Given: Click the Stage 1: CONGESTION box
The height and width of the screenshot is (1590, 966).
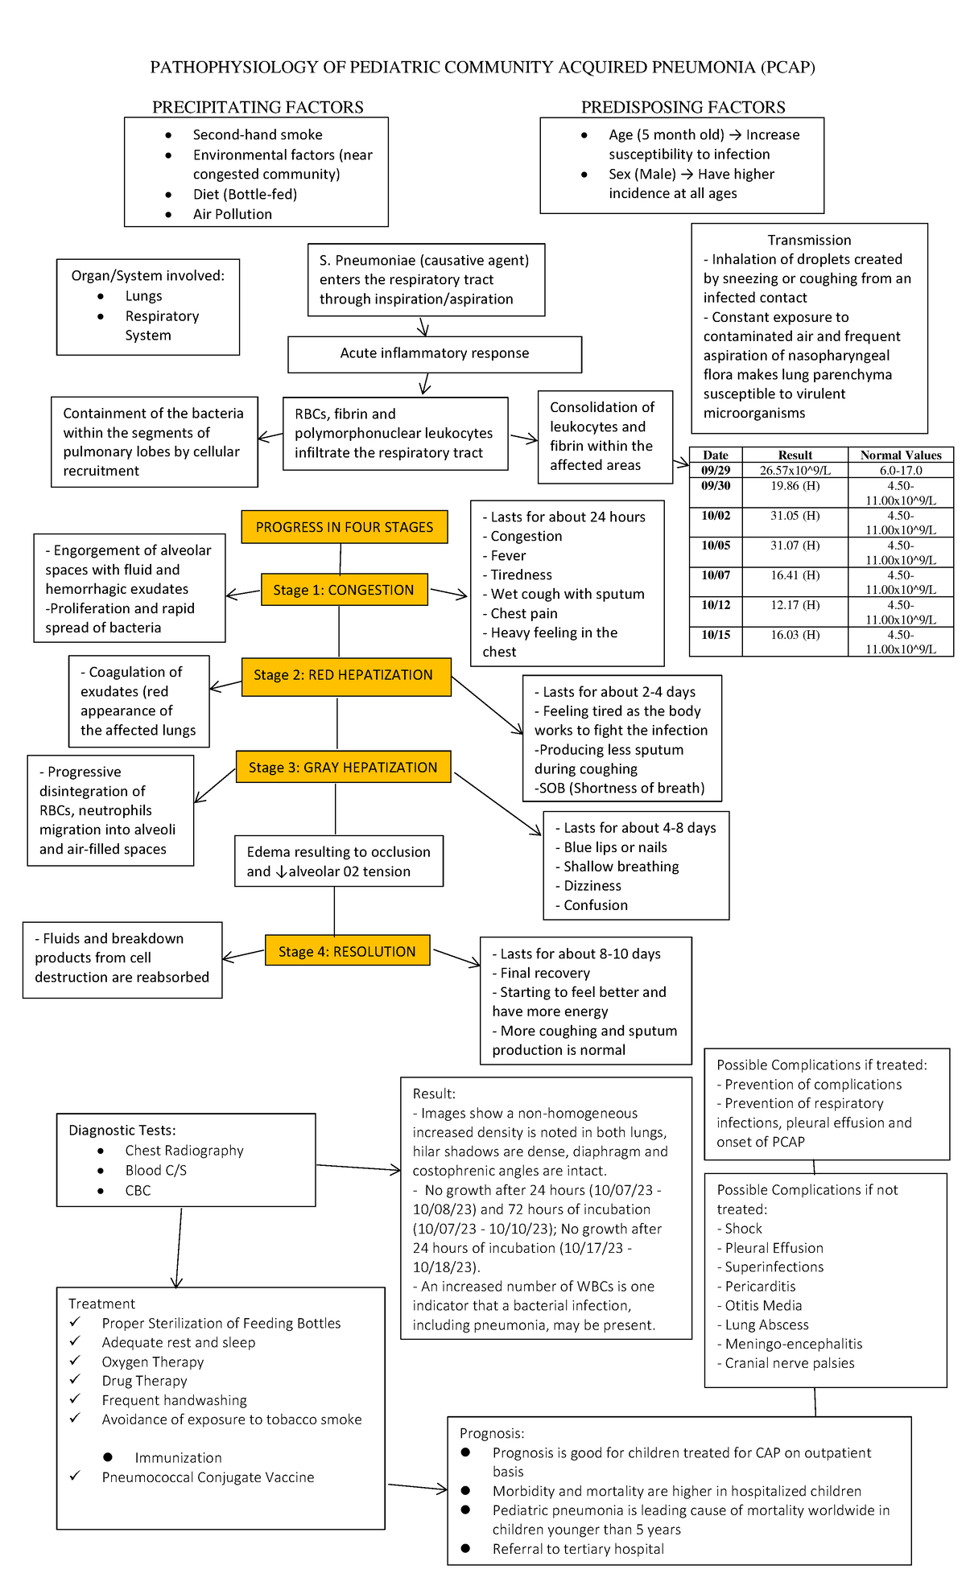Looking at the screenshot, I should (x=344, y=590).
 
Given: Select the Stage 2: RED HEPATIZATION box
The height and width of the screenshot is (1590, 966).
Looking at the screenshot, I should (x=345, y=675).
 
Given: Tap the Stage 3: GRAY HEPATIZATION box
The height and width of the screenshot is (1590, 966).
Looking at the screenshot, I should (x=343, y=768).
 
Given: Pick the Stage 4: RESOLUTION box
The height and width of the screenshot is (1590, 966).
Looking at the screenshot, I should (x=347, y=951).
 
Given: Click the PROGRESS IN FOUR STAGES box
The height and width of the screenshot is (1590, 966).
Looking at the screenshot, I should (x=345, y=527).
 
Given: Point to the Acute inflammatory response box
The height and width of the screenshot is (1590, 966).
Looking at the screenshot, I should (x=435, y=353).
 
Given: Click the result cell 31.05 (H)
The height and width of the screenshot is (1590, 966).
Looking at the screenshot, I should (x=795, y=516).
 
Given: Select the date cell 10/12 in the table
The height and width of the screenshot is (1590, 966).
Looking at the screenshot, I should (x=716, y=605).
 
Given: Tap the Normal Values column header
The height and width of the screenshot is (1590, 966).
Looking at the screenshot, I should (x=900, y=455).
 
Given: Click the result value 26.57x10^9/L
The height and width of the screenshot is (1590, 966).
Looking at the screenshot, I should (x=795, y=471).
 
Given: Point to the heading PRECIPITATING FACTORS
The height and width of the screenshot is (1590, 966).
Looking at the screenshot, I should (x=258, y=107).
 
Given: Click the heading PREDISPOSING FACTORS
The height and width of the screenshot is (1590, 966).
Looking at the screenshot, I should (x=683, y=107).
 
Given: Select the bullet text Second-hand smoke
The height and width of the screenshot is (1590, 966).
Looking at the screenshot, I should (x=258, y=135).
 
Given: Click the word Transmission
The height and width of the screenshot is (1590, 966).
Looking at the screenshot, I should (x=809, y=240).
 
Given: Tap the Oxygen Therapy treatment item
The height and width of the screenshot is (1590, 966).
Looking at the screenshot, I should (x=153, y=1361).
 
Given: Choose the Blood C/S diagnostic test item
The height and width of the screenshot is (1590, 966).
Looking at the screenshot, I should (x=155, y=1170).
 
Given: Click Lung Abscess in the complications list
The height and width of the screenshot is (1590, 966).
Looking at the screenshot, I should (x=766, y=1324).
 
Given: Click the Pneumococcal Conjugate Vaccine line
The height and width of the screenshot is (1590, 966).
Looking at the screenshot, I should (x=208, y=1477).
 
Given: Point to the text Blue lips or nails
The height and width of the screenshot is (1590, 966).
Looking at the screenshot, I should (x=615, y=847).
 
